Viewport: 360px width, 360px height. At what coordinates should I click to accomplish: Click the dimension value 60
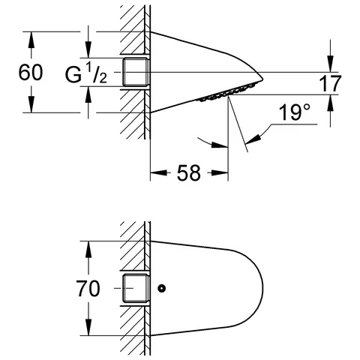[31, 73]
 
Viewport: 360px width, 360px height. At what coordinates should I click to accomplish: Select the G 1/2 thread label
[86, 73]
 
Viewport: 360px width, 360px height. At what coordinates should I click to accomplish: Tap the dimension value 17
[330, 84]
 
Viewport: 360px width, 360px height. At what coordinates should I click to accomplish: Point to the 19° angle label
[295, 112]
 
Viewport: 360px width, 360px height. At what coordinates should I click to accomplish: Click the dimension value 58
[189, 172]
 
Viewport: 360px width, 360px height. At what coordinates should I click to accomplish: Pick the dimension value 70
[88, 289]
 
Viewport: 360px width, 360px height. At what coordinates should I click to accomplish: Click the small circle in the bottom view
[162, 288]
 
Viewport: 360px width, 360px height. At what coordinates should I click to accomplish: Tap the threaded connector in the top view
[136, 72]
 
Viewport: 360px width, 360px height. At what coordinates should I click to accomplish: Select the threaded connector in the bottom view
[136, 288]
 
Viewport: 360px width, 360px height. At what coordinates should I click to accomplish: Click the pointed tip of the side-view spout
[262, 79]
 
